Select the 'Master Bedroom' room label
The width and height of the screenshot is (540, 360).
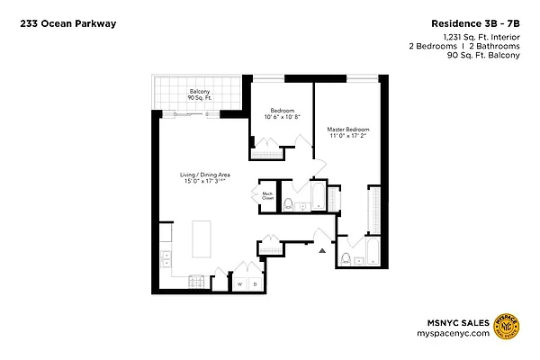(x=347, y=130)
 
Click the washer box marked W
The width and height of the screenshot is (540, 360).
(x=240, y=284)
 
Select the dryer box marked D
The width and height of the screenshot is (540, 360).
(x=255, y=284)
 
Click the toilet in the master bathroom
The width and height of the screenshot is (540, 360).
(x=346, y=260)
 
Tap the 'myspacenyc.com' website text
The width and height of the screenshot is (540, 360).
(x=458, y=333)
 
